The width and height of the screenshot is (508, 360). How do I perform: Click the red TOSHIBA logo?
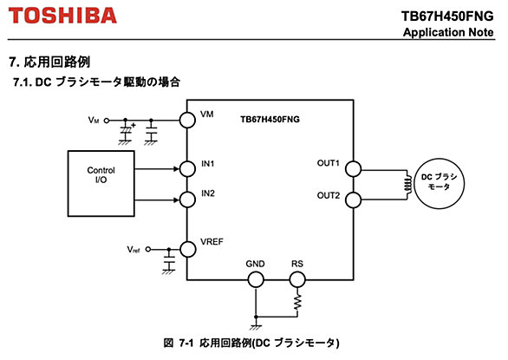[62, 16]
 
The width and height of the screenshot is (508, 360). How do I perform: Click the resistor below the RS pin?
[297, 302]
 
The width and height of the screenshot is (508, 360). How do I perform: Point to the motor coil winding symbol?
[408, 185]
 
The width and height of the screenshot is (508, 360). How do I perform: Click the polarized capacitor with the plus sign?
[126, 132]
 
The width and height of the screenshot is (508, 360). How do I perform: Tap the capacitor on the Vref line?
[169, 262]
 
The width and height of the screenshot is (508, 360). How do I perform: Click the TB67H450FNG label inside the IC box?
[270, 120]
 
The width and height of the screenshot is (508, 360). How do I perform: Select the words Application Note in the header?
[448, 32]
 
